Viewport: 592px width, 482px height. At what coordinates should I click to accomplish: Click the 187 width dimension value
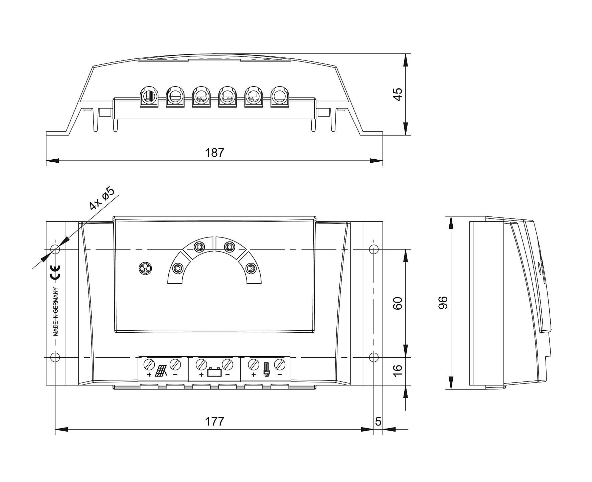click(x=214, y=153)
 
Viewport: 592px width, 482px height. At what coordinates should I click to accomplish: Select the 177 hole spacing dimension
click(x=214, y=421)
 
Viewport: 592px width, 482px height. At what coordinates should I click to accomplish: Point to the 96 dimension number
click(x=443, y=303)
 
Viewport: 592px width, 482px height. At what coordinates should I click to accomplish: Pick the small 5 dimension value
click(x=378, y=421)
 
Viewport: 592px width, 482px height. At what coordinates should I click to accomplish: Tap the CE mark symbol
click(x=55, y=272)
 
